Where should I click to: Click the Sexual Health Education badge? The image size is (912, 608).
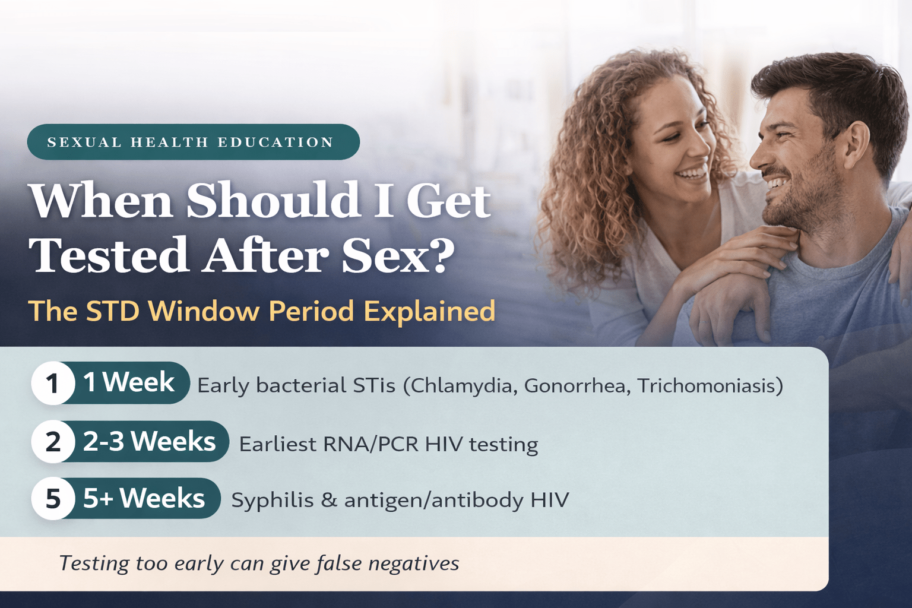pos(193,142)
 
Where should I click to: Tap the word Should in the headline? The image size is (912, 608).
pos(273,200)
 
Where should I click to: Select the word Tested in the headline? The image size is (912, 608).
pos(109,255)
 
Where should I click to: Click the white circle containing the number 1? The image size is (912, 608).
pos(53,383)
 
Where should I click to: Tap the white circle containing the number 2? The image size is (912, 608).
pos(53,442)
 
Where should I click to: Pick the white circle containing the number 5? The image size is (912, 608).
pos(53,498)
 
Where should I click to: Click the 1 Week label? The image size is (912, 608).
pos(129,382)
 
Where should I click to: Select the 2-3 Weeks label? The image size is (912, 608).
pos(149,441)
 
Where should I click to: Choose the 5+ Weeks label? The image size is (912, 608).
pos(144,498)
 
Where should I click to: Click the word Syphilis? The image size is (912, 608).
pos(272,501)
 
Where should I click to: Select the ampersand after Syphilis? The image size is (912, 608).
pos(328,500)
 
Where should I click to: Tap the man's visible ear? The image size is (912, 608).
pos(856,142)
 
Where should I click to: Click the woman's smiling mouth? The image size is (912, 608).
pos(692,173)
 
